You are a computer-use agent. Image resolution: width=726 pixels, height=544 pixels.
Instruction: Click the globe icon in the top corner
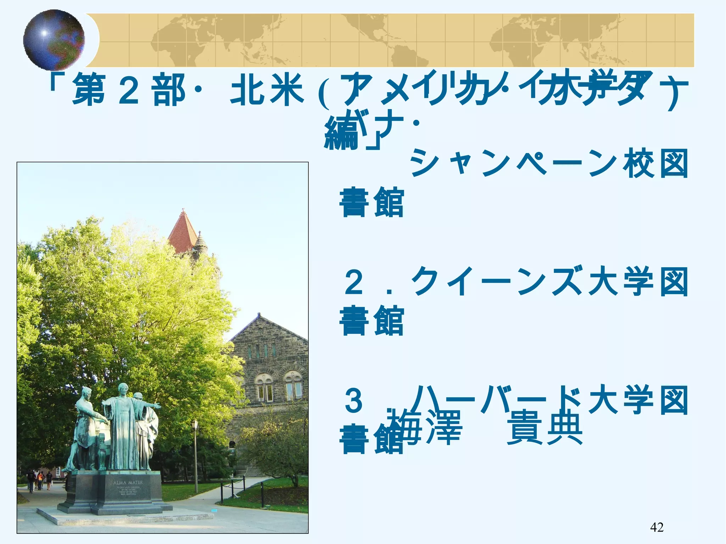click(54, 39)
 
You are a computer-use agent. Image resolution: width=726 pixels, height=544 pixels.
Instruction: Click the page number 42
click(657, 527)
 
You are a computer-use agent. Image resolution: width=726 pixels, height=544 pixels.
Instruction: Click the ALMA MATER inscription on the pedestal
click(128, 482)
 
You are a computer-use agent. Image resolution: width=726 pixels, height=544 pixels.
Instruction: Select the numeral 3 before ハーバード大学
click(354, 400)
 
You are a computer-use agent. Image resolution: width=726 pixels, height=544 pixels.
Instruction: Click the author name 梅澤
click(425, 427)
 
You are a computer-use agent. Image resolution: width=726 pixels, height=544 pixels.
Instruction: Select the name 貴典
click(544, 427)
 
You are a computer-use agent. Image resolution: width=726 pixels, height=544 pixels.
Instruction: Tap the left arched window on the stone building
click(264, 388)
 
